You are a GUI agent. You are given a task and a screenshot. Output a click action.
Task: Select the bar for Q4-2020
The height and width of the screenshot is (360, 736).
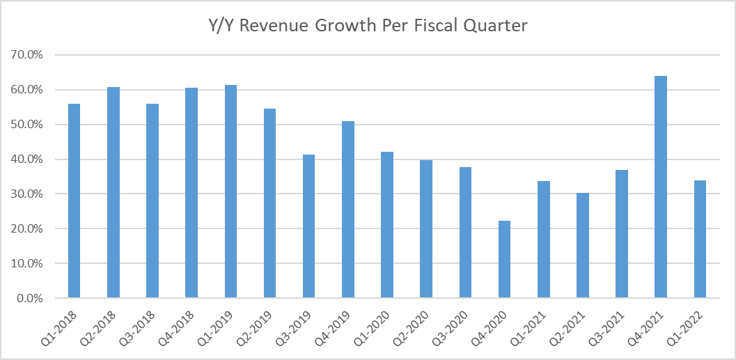[x=504, y=259]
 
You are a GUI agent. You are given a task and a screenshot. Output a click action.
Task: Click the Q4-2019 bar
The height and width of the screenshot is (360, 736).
[x=347, y=210]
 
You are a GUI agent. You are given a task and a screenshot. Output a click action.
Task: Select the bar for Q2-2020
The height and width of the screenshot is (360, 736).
[x=426, y=229]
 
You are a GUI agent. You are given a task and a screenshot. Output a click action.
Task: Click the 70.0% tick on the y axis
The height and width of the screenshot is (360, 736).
[x=31, y=55]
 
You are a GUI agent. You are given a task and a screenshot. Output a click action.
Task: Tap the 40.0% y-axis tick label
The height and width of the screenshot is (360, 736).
[x=31, y=159]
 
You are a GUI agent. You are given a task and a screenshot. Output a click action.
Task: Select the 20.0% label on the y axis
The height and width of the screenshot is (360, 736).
[x=31, y=229]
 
